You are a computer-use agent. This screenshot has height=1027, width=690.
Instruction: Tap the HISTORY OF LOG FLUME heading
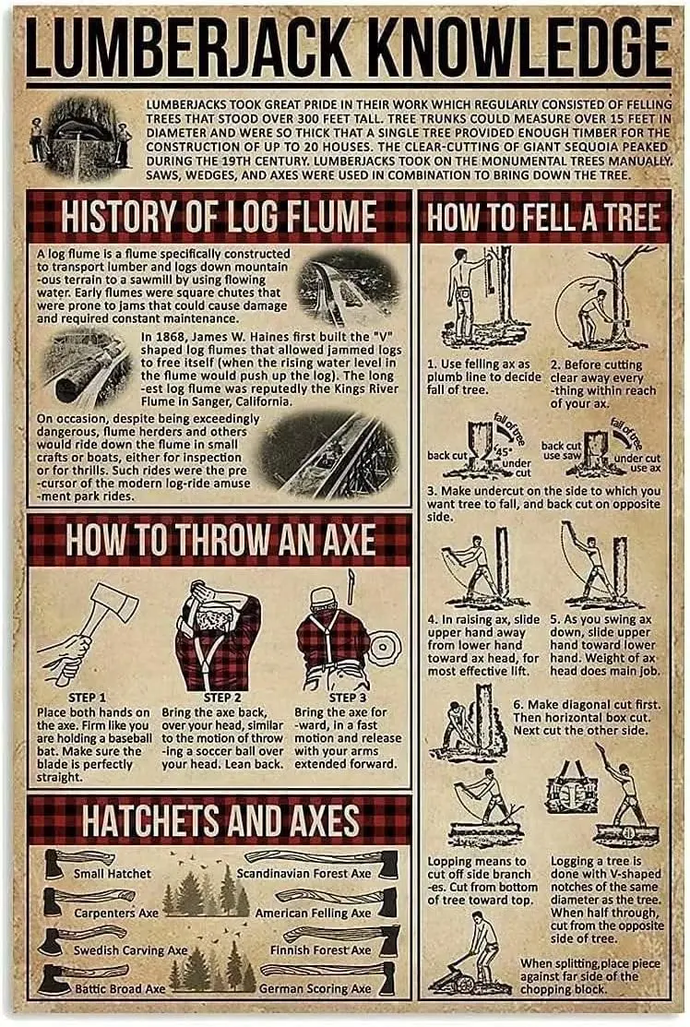pos(219,217)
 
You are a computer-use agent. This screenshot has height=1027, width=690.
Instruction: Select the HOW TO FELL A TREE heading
pos(543,217)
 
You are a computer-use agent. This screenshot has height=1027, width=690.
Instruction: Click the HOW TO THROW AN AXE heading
pos(220,540)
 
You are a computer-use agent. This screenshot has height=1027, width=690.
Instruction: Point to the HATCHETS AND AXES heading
pos(220,820)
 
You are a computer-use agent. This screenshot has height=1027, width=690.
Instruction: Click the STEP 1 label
pos(87,698)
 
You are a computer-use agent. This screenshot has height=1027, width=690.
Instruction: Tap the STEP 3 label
pos(348,698)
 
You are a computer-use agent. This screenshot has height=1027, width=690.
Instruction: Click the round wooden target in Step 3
pos(384,647)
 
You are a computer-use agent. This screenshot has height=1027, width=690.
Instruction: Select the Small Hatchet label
pos(112,874)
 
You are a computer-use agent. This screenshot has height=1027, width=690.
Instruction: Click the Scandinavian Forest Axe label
pos(303,874)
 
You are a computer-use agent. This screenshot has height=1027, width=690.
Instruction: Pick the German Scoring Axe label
pos(315,988)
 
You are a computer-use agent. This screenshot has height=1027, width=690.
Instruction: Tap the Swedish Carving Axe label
pos(130,950)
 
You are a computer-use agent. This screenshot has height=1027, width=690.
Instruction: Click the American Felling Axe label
pos(313,913)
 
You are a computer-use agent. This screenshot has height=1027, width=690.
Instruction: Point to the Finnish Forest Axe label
pos(321,949)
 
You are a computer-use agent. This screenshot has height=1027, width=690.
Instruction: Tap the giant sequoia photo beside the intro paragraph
pos(81,137)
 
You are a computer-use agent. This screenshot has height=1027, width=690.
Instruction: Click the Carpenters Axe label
pos(116,913)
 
